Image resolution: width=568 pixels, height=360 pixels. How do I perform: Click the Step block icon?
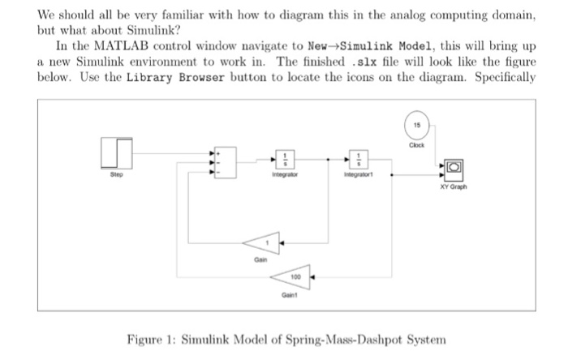117,152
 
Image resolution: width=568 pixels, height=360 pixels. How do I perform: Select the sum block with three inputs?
224,161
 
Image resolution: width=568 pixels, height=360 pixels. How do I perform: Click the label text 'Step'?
117,173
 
